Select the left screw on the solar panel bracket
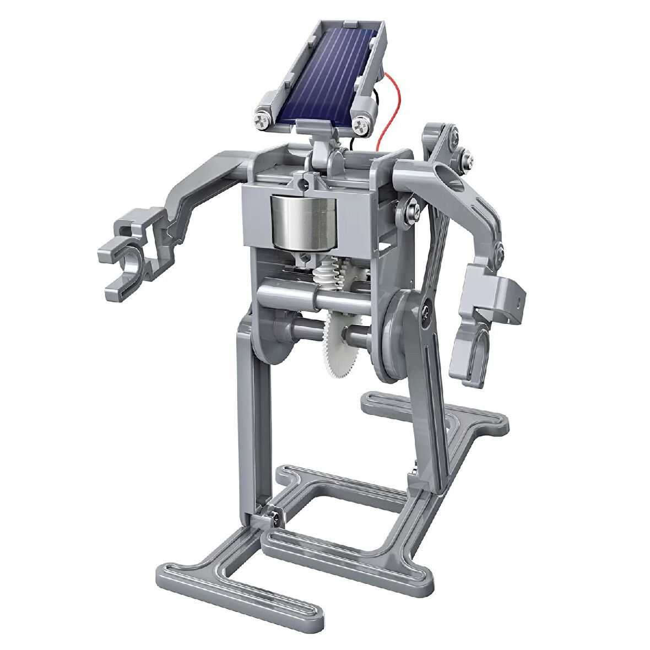click(262, 118)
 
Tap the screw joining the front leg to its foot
click(273, 518)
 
